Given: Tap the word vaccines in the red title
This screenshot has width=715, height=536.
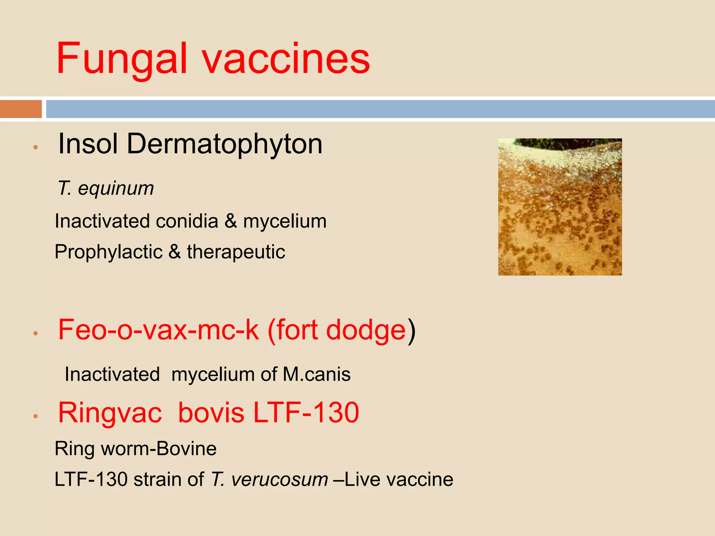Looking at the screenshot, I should coord(286,59).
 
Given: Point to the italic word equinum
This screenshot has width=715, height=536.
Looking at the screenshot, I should coord(116,188).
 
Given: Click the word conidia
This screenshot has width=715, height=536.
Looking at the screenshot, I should coord(187,221).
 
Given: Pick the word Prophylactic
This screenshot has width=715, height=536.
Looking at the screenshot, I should coord(109,252).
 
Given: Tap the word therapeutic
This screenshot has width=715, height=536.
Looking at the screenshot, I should coord(236,252).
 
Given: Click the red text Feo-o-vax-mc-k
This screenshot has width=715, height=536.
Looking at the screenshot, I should coord(159,330).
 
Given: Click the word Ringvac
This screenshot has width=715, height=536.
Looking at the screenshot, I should coord(110,413).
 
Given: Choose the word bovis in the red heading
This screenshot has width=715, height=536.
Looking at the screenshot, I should coord(211,413).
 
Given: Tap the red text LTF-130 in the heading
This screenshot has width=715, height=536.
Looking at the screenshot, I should coord(306,413).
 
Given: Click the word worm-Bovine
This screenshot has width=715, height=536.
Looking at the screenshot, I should coord(159,449).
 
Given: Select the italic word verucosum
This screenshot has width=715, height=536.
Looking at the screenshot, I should coord(280,479).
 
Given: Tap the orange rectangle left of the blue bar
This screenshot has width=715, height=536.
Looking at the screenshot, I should coord(21,109).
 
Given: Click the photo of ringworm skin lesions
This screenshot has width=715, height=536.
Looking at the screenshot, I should coord(560,207).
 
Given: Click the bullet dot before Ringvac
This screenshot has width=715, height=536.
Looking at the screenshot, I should coord(35,416).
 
